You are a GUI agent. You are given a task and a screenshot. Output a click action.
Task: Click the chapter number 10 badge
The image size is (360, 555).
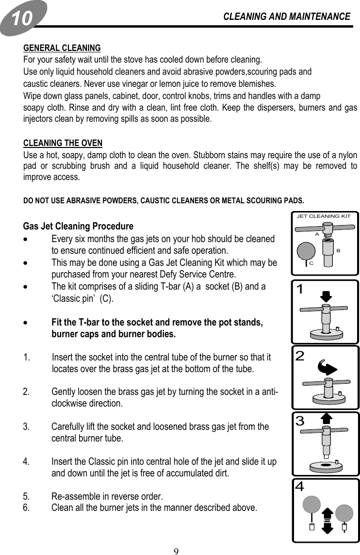tap(23, 18)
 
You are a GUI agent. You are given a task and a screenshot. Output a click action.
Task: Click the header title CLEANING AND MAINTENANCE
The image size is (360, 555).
tap(286, 16)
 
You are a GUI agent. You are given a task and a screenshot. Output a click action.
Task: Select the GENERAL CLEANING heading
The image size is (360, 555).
tap(62, 48)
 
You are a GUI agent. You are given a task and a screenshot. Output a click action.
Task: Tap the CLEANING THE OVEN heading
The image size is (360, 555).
tap(63, 143)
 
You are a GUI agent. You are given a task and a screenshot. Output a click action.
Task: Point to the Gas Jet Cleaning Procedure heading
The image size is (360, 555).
tap(78, 227)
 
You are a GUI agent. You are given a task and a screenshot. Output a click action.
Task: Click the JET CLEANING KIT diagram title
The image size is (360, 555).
tap(324, 216)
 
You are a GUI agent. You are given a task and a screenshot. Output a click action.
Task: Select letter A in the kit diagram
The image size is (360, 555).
tap(316, 233)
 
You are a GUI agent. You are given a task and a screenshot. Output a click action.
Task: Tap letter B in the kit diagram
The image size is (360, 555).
tap(338, 250)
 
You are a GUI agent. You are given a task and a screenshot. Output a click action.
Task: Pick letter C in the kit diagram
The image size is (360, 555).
tap(311, 263)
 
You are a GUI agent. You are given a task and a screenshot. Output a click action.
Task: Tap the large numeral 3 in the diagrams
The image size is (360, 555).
tap(300, 421)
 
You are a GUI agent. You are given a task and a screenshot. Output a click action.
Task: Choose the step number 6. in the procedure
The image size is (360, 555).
tap(27, 508)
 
